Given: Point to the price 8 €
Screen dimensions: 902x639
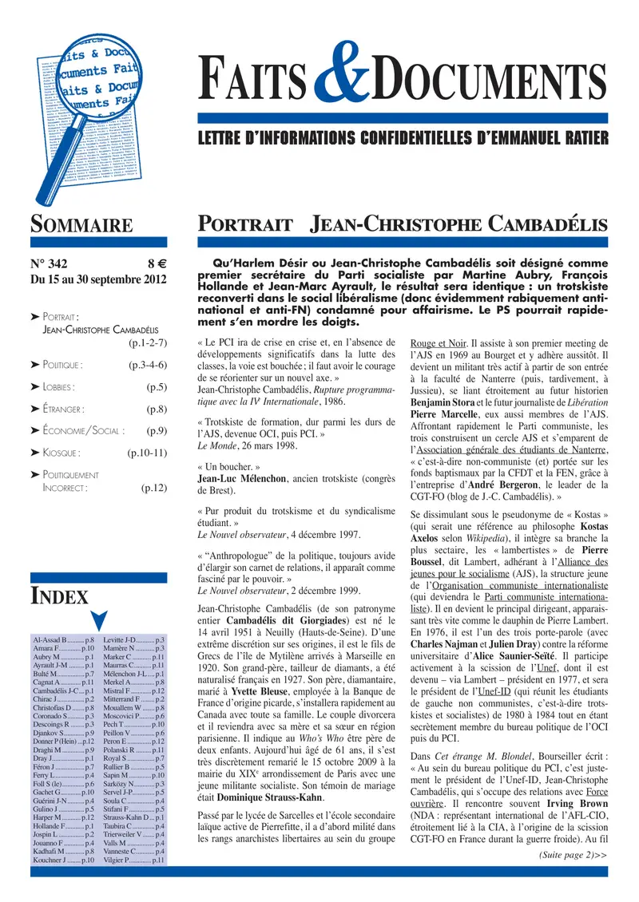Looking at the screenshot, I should click(156, 264).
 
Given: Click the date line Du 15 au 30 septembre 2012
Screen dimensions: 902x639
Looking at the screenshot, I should click(97, 279).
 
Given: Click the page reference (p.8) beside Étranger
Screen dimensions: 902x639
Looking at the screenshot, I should click(157, 409).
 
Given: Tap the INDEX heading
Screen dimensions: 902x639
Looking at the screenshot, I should click(59, 595).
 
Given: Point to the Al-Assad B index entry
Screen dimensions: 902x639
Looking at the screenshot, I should click(54, 640).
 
